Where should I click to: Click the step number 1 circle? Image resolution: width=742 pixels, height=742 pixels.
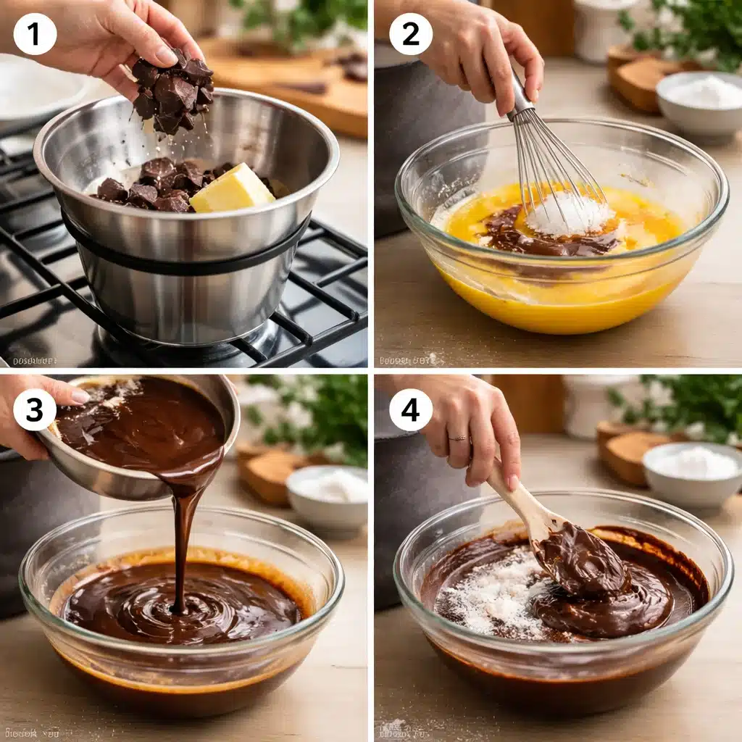click(35, 33)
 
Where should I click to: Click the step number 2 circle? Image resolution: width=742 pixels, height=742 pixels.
click(411, 33)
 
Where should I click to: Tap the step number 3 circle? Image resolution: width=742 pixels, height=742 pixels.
click(35, 409)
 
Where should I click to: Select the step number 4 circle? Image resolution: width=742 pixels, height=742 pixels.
click(411, 409)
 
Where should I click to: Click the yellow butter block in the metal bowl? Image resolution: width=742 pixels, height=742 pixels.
click(232, 189)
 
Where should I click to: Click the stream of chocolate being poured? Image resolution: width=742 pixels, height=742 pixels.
click(183, 529)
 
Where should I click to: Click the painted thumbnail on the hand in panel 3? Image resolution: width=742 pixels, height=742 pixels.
click(79, 396)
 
